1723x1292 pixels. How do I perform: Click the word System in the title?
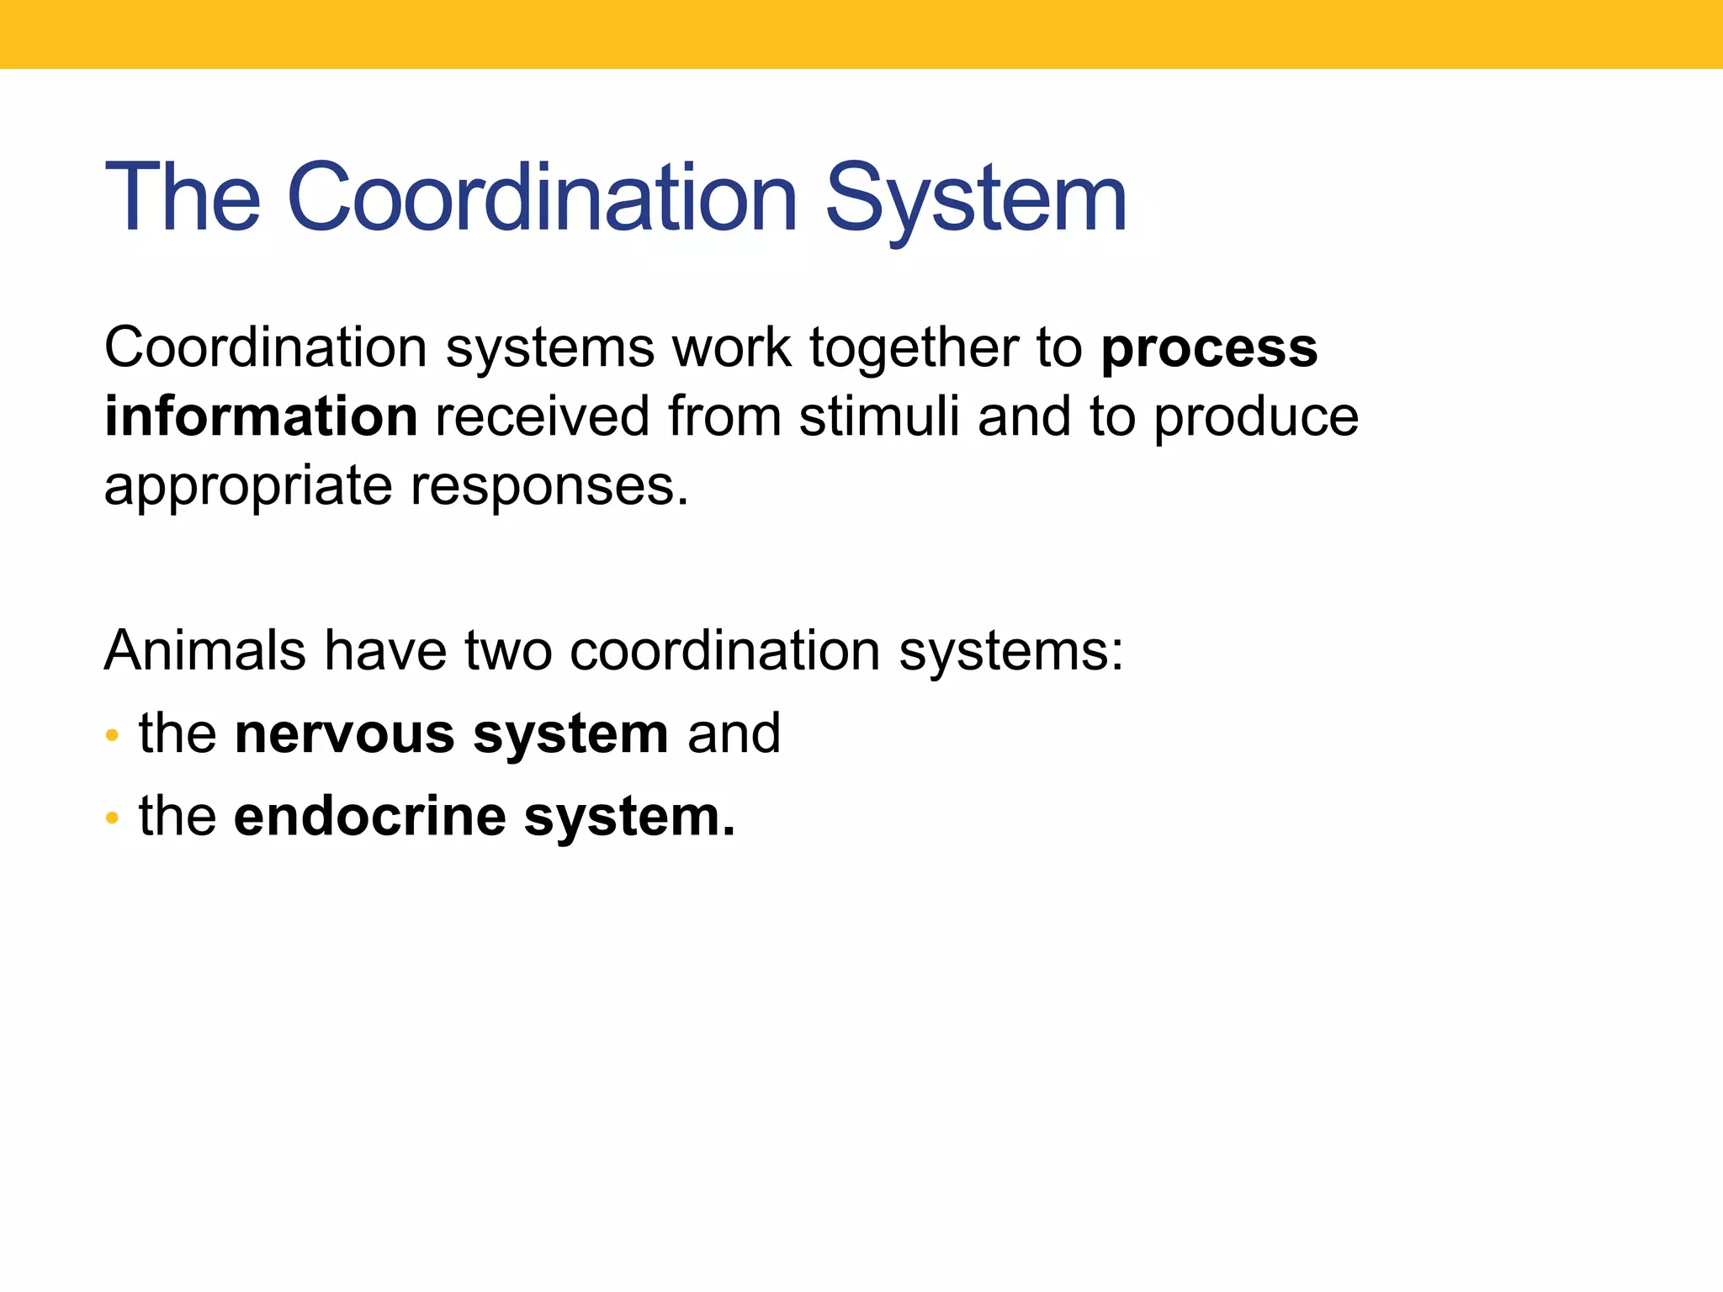tap(976, 199)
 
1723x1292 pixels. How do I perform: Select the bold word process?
tap(1209, 349)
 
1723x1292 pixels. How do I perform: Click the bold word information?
tap(261, 417)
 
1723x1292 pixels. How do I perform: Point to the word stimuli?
tap(878, 417)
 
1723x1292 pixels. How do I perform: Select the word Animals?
tap(204, 651)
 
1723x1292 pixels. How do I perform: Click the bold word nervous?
tap(344, 734)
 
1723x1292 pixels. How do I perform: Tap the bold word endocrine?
tap(370, 817)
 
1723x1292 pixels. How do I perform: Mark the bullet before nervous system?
tap(112, 736)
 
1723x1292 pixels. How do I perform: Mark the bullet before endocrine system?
tap(112, 818)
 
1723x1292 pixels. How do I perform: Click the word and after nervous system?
tap(734, 734)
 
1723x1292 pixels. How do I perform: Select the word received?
tap(543, 417)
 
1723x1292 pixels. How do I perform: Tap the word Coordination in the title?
tap(542, 199)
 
